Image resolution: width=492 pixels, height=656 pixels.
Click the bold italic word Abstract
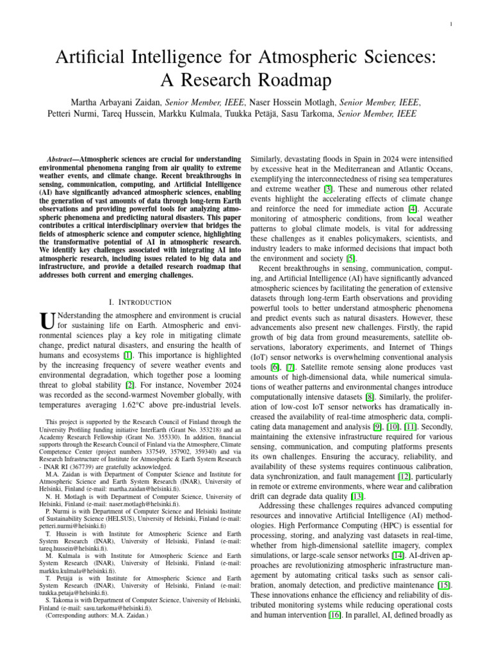(x=67, y=158)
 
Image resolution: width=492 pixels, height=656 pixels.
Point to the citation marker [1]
(x=128, y=355)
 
